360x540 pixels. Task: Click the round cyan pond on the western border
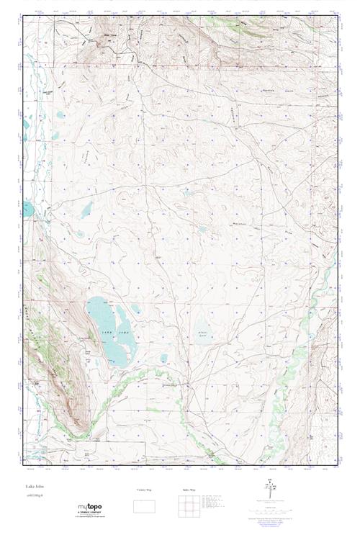(27, 210)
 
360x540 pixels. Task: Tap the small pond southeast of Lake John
(163, 357)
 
